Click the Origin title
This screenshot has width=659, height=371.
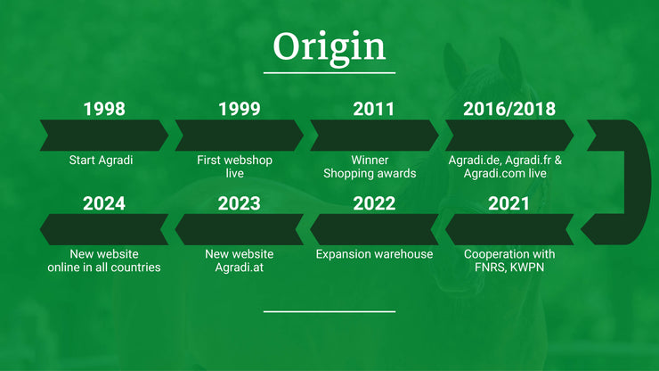click(329, 48)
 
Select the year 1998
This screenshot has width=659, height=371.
click(104, 109)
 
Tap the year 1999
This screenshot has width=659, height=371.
click(240, 109)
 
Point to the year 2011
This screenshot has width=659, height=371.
click(374, 109)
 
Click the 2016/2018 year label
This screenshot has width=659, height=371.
click(509, 109)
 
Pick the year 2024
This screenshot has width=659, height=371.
click(104, 203)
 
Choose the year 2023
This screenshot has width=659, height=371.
click(240, 203)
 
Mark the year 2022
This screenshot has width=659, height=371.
click(374, 203)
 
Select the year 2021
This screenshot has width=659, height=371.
click(508, 203)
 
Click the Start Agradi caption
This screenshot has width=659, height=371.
click(101, 160)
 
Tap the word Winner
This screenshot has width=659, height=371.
click(370, 160)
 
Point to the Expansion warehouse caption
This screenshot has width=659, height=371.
click(374, 254)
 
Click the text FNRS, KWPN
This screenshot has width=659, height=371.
click(509, 268)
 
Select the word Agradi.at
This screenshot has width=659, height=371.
click(240, 268)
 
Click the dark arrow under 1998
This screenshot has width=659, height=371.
click(104, 136)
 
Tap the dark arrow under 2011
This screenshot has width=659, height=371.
click(374, 136)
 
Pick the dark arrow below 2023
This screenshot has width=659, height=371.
click(240, 229)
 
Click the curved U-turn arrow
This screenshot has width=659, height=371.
click(638, 182)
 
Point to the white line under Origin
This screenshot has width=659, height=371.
click(329, 73)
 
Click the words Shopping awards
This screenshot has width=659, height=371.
click(370, 174)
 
